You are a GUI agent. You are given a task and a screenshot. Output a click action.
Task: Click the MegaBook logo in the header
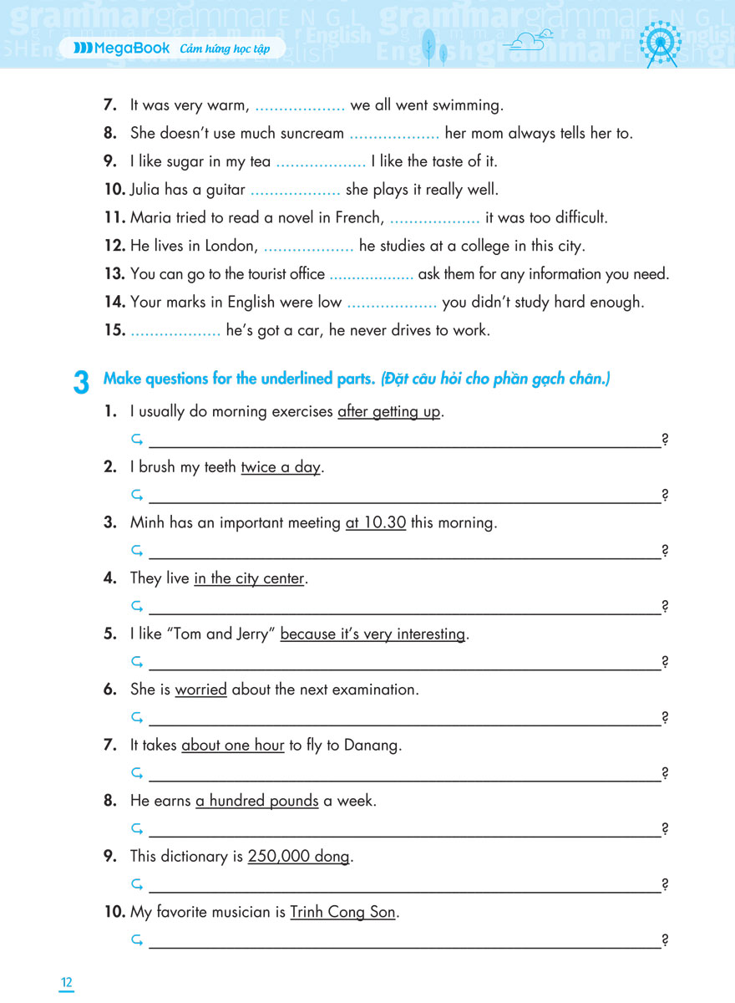pos(122,48)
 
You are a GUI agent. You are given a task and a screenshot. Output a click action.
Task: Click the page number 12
pos(66,982)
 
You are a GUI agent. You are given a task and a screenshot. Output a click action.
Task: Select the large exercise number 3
pos(81,384)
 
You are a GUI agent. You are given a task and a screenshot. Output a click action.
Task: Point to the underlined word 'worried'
pos(200,690)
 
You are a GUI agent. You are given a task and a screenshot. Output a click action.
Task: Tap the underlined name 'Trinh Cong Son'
pos(342,912)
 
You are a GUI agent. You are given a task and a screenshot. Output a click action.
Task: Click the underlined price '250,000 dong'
pos(299,857)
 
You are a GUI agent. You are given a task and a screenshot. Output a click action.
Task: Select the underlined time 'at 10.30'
pos(376,522)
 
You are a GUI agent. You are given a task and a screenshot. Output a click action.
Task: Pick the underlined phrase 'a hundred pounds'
pos(257,801)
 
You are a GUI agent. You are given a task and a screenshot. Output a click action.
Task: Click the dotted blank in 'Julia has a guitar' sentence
pos(295,191)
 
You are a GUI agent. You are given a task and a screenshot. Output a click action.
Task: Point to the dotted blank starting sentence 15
pos(175,331)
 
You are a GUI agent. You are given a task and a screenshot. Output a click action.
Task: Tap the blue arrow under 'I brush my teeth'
pos(137,496)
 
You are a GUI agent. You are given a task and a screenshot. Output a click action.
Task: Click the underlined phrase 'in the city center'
pos(250,578)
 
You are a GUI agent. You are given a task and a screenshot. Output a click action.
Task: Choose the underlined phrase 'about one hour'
pos(233,745)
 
